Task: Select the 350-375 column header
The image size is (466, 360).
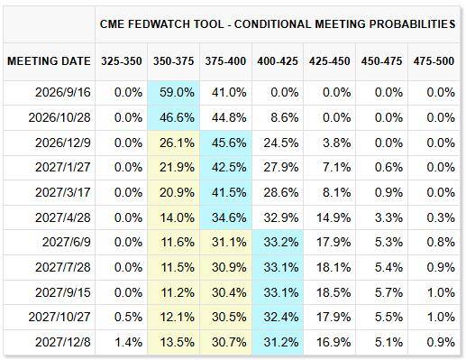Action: pyautogui.click(x=173, y=61)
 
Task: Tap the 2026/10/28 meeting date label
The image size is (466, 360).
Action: pyautogui.click(x=59, y=117)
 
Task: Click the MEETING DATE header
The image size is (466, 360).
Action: pyautogui.click(x=49, y=61)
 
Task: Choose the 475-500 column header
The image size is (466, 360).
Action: pyautogui.click(x=434, y=61)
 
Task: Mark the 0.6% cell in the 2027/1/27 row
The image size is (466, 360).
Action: pyautogui.click(x=388, y=167)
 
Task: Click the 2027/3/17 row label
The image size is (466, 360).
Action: pyautogui.click(x=63, y=192)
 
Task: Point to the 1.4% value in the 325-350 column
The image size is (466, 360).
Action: pyautogui.click(x=128, y=342)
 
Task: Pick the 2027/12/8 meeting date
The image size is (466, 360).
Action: pyautogui.click(x=63, y=342)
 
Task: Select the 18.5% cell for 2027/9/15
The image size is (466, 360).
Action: pyautogui.click(x=334, y=292)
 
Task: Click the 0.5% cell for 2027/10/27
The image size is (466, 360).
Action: pyautogui.click(x=128, y=317)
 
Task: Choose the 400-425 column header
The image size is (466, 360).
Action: pyautogui.click(x=278, y=61)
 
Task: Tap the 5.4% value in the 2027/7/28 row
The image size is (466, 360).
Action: pyautogui.click(x=388, y=267)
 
